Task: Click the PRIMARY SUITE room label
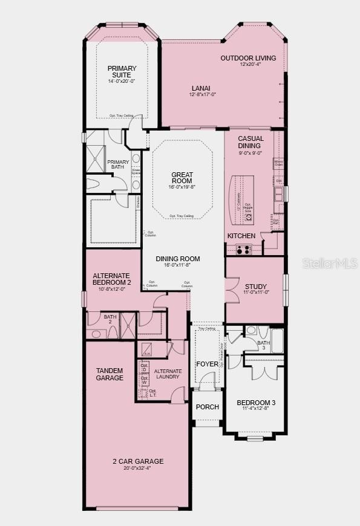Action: [x=122, y=72]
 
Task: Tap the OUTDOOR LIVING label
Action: [x=248, y=58]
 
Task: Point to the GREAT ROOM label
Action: [x=182, y=178]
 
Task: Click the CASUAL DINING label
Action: [x=250, y=142]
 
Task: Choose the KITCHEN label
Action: [x=241, y=235]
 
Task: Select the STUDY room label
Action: [x=255, y=286]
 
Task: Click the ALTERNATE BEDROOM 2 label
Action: [x=112, y=279]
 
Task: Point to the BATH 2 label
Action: [x=110, y=316]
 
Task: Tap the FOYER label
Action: [x=207, y=364]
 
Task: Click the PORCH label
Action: [x=207, y=407]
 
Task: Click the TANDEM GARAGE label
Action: [x=110, y=374]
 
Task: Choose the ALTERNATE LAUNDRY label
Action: [x=167, y=373]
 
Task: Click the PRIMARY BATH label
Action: [x=119, y=165]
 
